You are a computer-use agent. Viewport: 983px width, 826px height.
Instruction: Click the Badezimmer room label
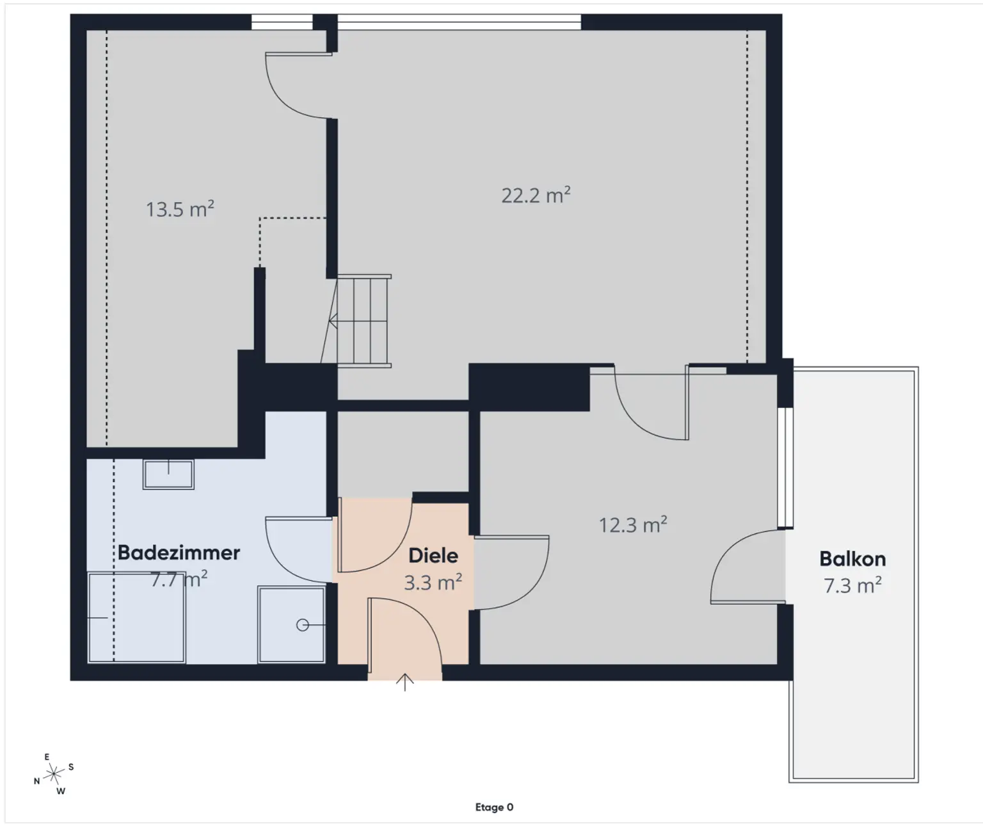(x=179, y=553)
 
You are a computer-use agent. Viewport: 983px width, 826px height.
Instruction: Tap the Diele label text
(x=433, y=556)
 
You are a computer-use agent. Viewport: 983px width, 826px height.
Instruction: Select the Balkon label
(x=852, y=559)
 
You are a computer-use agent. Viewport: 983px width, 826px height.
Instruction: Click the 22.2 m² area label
(x=536, y=195)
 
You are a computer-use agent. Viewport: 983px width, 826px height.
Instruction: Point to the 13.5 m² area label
(x=180, y=209)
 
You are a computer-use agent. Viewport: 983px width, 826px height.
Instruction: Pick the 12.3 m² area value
(x=633, y=526)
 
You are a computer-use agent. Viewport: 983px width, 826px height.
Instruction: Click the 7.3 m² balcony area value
(x=852, y=586)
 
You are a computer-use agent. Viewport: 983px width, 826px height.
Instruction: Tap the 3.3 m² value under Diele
(x=433, y=583)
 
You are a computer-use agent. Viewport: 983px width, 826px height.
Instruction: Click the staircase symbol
(x=362, y=321)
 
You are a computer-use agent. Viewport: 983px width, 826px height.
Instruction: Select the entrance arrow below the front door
(x=404, y=683)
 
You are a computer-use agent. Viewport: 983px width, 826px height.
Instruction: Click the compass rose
(x=54, y=774)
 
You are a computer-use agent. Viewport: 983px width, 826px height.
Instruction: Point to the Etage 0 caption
(x=494, y=807)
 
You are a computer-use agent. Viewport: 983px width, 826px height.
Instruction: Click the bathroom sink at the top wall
(x=168, y=474)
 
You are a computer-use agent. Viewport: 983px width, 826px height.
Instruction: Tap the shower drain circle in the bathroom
(x=303, y=625)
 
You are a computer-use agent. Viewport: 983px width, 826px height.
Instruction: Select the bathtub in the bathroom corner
(x=136, y=618)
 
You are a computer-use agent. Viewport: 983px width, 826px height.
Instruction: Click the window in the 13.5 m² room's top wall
(x=282, y=22)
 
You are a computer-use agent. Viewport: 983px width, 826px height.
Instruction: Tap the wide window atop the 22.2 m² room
(x=459, y=22)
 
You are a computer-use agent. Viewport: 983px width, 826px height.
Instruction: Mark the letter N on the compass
(x=37, y=781)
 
